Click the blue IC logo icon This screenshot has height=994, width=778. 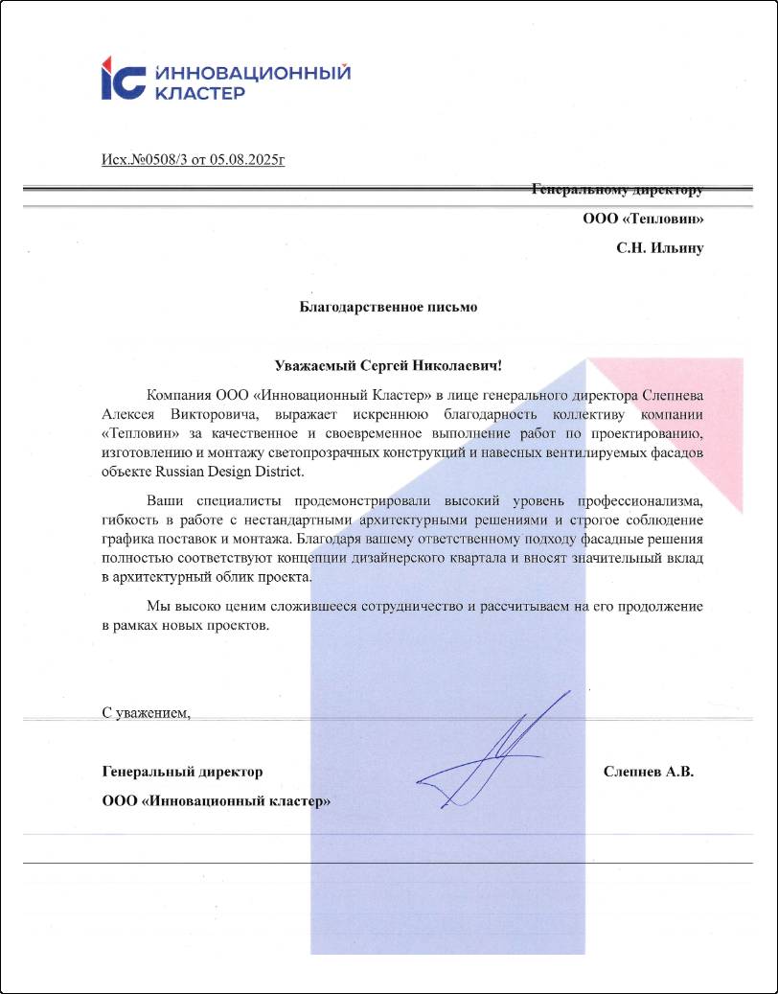(x=123, y=79)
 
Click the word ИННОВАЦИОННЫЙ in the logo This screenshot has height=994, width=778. (x=251, y=73)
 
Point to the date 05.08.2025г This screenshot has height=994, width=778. (x=247, y=158)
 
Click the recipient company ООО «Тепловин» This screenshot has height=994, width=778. (x=643, y=219)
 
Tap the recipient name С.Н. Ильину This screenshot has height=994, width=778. (x=659, y=248)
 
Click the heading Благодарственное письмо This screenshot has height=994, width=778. (x=388, y=308)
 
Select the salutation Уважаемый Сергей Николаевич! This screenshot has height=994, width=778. (x=388, y=365)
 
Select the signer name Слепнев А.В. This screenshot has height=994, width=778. (x=649, y=772)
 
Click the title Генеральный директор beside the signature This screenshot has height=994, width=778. (x=182, y=772)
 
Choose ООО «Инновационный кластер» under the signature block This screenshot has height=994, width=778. (x=216, y=801)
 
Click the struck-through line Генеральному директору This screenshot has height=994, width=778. (x=617, y=190)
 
